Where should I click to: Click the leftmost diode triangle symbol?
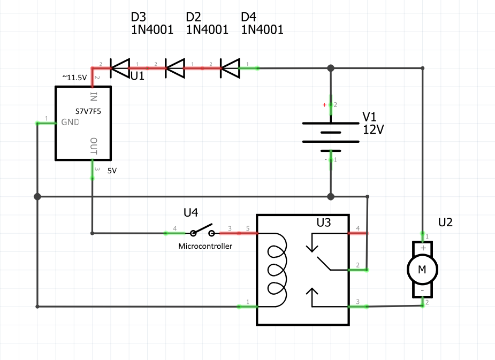point(119,67)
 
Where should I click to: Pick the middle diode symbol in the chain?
point(174,67)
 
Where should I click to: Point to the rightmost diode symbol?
point(230,67)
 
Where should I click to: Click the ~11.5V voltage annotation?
point(74,78)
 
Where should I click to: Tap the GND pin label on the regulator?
point(70,122)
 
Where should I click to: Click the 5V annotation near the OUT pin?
point(112,172)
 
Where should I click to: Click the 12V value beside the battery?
point(374,130)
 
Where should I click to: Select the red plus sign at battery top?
point(324,105)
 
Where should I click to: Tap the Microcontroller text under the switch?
point(205,247)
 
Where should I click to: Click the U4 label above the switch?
point(191,213)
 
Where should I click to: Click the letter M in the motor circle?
point(422,270)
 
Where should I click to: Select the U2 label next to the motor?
point(445,222)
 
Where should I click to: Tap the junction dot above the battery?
point(331,68)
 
